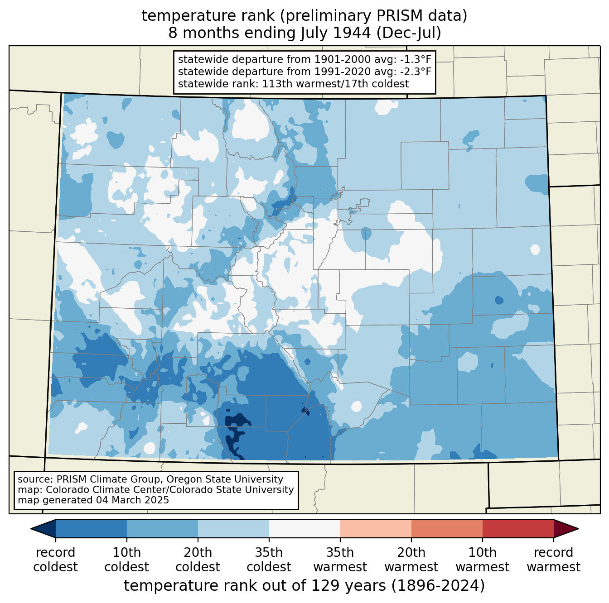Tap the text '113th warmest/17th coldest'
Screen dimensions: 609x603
(336, 84)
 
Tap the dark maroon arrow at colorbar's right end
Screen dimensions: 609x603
(565, 528)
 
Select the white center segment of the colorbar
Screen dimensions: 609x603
(304, 528)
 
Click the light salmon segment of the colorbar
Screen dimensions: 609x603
(376, 528)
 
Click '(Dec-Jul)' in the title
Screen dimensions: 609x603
(409, 33)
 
